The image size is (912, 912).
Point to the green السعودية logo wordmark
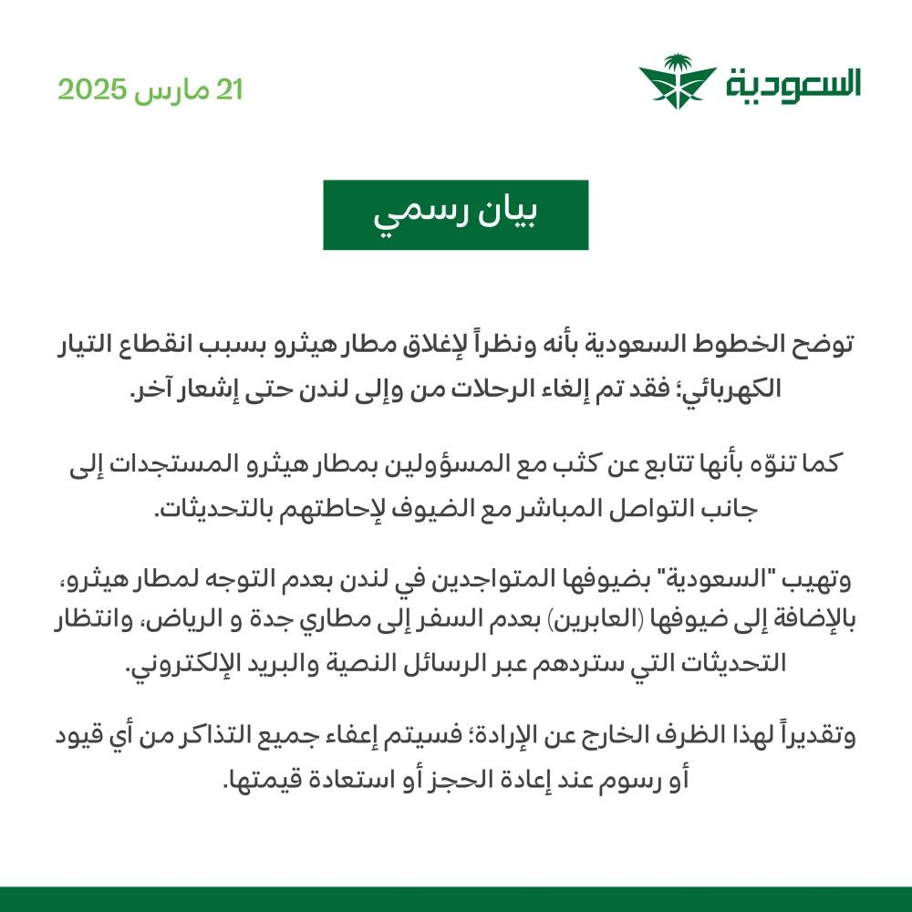[794, 85]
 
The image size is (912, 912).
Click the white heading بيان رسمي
[455, 215]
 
